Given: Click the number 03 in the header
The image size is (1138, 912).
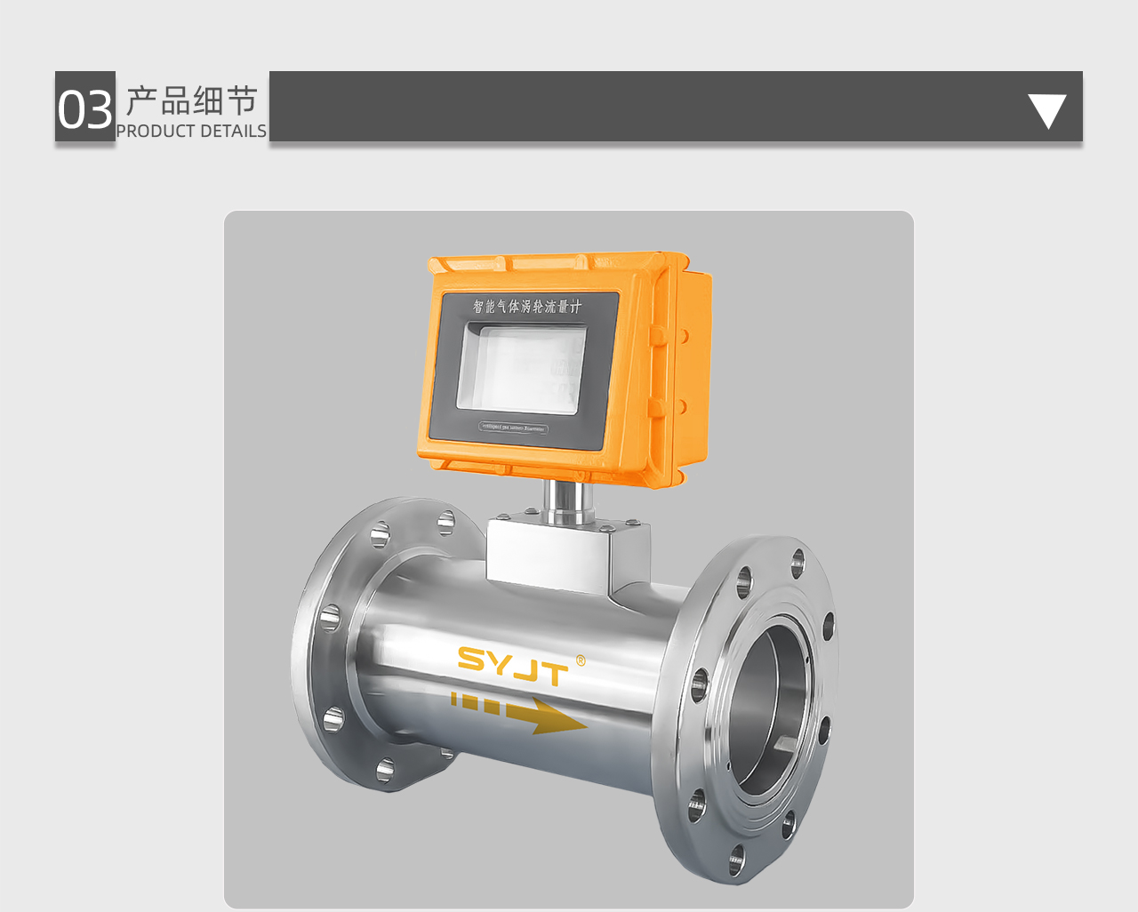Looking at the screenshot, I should coord(85,109).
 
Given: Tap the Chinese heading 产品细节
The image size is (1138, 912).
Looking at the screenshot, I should coord(191,101).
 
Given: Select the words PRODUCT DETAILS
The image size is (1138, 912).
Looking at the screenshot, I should coord(191,131).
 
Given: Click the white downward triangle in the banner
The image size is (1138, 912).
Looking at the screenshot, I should coord(1046,110).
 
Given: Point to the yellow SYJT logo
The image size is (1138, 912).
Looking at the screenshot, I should coord(512,666).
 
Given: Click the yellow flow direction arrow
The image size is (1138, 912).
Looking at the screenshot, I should coord(520,712).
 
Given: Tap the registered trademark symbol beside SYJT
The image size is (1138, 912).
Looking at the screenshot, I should coord(581,660).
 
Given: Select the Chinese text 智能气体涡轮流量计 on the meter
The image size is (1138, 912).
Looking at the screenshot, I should coord(526,307).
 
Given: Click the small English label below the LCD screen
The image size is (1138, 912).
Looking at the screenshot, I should coord(514,428).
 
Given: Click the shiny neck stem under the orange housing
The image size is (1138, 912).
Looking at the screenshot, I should coord(569,502).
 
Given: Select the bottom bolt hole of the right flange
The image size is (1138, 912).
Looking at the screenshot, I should coord(736,860).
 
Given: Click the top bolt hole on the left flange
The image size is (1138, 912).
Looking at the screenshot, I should coord(445,523).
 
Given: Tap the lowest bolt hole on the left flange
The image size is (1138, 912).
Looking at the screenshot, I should coord(385,770).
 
